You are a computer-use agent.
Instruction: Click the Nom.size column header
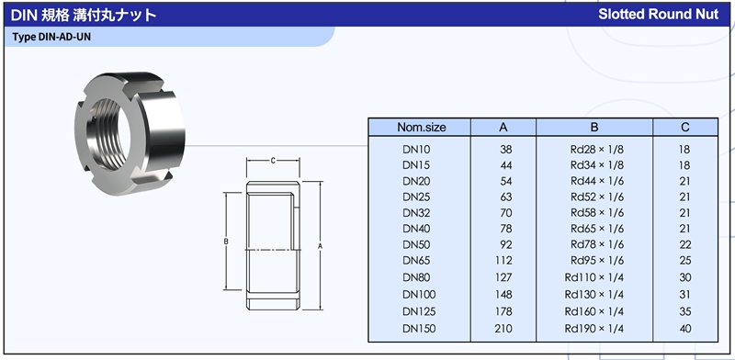422,127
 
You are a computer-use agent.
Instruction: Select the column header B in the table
594,127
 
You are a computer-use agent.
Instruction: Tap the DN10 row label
416,150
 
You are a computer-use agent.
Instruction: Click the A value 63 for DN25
506,197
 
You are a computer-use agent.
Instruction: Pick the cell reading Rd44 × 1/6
597,182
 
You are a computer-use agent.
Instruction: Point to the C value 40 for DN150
684,329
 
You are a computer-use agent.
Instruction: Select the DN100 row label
419,295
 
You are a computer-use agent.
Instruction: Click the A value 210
503,329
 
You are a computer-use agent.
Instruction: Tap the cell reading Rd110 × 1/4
594,277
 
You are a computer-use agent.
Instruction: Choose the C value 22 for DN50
684,244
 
